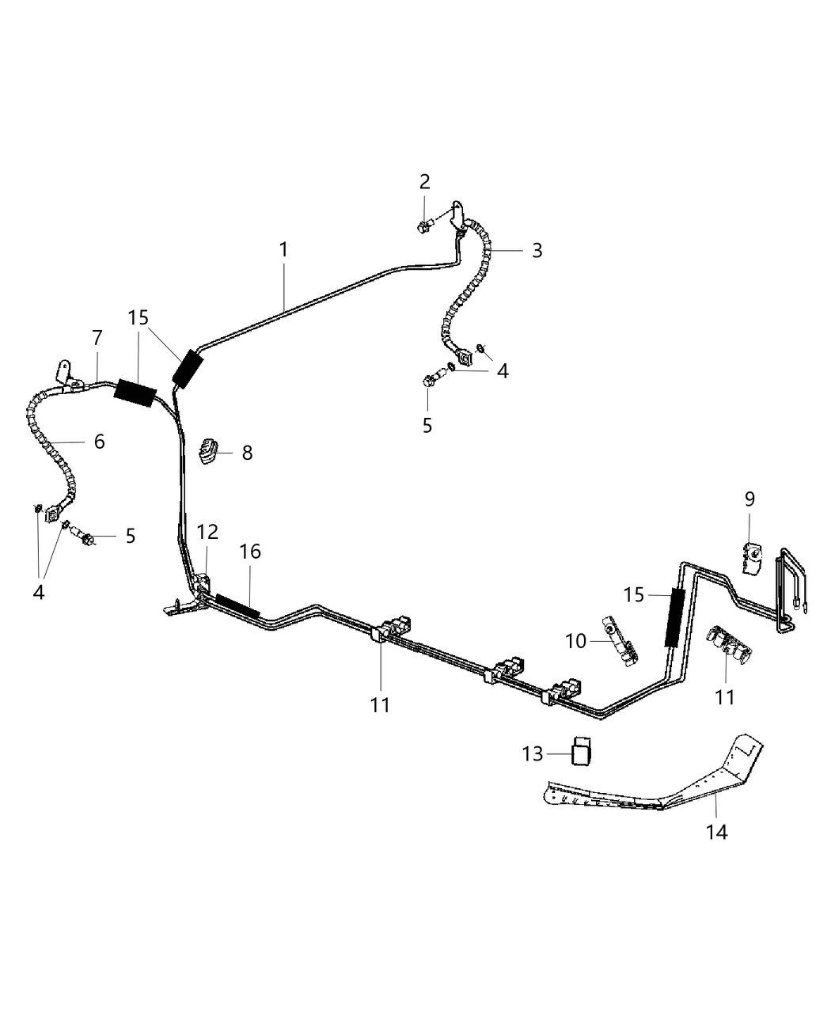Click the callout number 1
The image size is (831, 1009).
283,249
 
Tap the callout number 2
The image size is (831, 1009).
425,181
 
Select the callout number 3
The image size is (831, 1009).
537,250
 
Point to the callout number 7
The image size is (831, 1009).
97,338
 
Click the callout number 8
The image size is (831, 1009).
247,453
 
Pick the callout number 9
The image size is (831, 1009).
749,499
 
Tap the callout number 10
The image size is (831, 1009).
576,641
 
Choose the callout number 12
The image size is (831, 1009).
207,532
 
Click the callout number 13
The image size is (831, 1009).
533,754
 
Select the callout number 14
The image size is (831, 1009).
717,832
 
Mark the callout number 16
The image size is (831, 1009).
250,552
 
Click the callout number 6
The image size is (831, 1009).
99,441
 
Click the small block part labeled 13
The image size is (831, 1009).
582,751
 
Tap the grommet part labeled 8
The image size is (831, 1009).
208,451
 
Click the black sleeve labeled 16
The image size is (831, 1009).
237,605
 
